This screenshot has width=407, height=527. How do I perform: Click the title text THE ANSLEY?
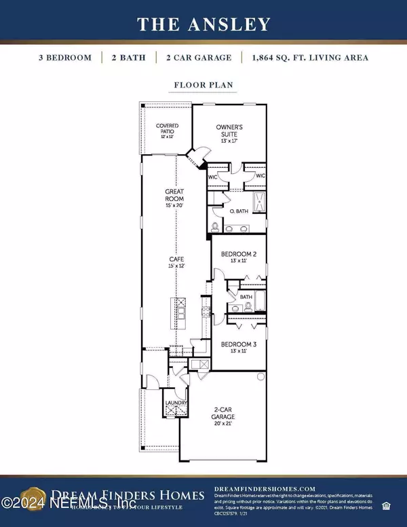(203, 24)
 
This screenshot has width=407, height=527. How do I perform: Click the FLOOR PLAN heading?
(203, 87)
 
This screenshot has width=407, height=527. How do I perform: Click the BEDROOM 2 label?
(239, 257)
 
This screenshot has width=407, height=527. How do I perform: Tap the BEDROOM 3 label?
(239, 348)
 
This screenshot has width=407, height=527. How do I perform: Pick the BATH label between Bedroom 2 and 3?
(246, 297)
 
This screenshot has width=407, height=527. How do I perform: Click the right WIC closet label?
(260, 176)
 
